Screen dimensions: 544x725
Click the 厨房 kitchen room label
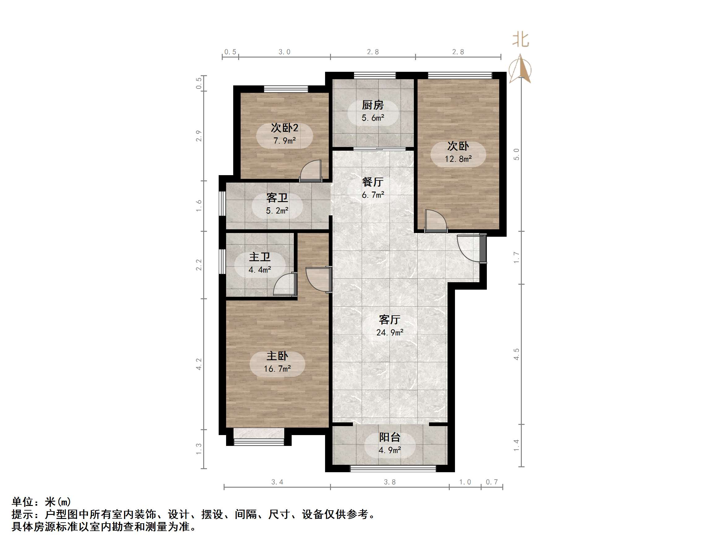pyautogui.click(x=373, y=105)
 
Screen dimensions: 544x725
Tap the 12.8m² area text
pyautogui.click(x=458, y=159)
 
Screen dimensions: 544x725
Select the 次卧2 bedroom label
pyautogui.click(x=284, y=128)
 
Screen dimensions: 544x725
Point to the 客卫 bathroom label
pyautogui.click(x=277, y=198)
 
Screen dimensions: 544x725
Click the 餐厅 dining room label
pyautogui.click(x=373, y=182)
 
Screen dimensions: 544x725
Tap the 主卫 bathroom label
pyautogui.click(x=260, y=257)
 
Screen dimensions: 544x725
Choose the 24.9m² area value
pyautogui.click(x=389, y=333)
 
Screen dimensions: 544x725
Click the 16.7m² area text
pyautogui.click(x=277, y=369)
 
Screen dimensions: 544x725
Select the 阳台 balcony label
pyautogui.click(x=389, y=437)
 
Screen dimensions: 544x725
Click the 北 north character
pyautogui.click(x=521, y=40)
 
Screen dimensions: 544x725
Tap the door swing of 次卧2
pyautogui.click(x=311, y=170)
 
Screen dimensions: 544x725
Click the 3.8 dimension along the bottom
pyautogui.click(x=389, y=482)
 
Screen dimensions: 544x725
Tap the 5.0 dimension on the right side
pyautogui.click(x=516, y=154)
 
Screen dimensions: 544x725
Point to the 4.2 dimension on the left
pyautogui.click(x=199, y=364)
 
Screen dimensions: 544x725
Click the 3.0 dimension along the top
pyautogui.click(x=284, y=52)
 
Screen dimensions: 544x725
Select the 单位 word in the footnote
pyautogui.click(x=23, y=502)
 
